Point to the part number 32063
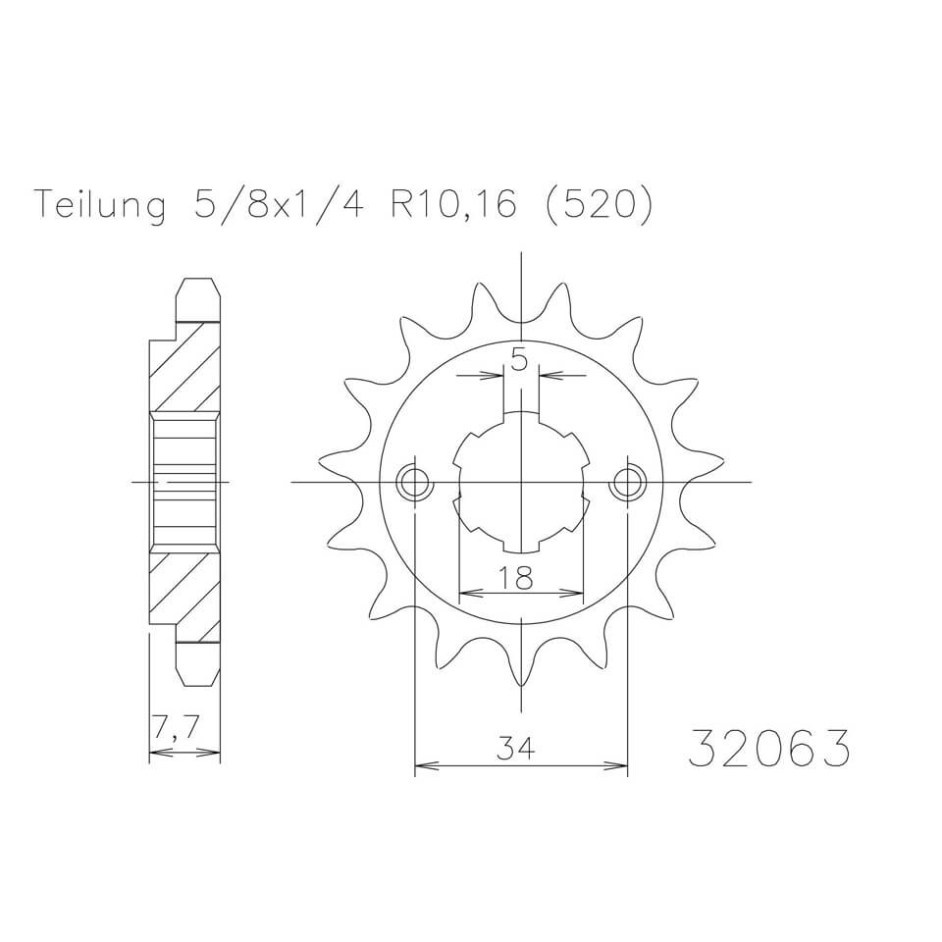pyautogui.click(x=768, y=750)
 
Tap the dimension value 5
pyautogui.click(x=520, y=361)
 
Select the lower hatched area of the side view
pyautogui.click(x=183, y=589)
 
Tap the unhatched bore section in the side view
pyautogui.click(x=183, y=482)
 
